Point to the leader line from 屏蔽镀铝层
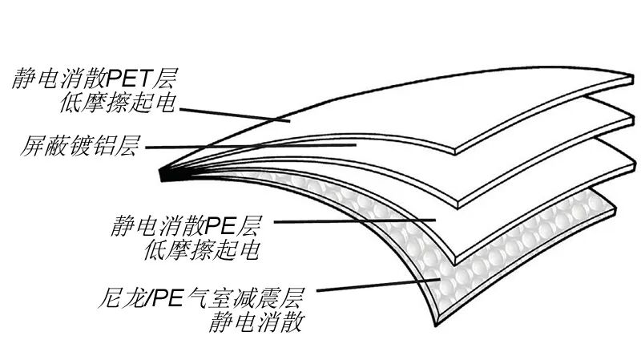click(248, 146)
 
